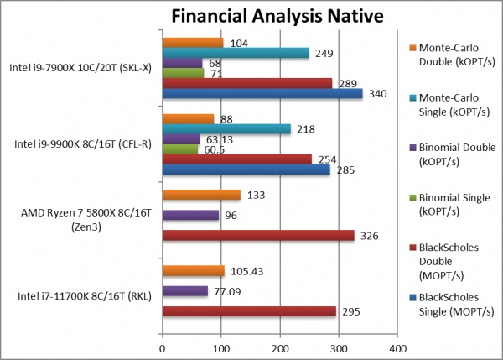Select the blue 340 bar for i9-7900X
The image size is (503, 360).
pos(262,93)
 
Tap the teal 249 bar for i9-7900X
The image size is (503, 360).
pos(236,53)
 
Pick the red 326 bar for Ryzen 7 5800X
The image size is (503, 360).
pos(257,235)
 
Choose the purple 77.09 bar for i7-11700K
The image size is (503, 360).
pos(184,291)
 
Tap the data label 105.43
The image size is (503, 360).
pos(247,271)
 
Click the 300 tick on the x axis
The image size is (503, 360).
pos(339,345)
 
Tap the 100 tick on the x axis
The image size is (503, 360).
pos(220,345)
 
